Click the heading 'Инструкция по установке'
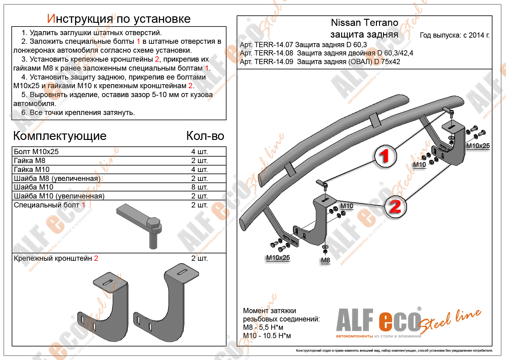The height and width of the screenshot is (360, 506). click(x=119, y=19)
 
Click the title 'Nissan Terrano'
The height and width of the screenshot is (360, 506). click(x=364, y=23)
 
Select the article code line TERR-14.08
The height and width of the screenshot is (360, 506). click(x=326, y=53)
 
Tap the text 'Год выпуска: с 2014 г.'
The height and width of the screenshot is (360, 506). click(x=455, y=35)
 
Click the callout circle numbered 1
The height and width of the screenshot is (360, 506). click(x=385, y=156)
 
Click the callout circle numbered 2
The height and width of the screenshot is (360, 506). click(x=395, y=207)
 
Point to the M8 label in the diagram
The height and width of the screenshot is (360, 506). click(x=325, y=260)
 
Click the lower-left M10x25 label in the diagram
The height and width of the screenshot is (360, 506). click(x=278, y=258)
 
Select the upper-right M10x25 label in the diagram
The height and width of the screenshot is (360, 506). click(x=478, y=146)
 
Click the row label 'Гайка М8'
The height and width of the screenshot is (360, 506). click(x=30, y=161)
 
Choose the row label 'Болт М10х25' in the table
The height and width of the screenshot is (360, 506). click(x=36, y=152)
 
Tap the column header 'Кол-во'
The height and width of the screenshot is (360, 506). click(x=205, y=136)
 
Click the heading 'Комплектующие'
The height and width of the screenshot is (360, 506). click(x=60, y=136)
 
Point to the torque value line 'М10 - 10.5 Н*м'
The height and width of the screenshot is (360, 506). click(x=267, y=336)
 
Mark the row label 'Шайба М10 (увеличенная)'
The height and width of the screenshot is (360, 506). click(x=59, y=196)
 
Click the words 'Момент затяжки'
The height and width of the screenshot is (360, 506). click(x=269, y=311)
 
